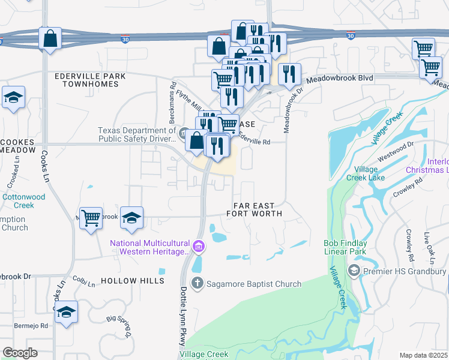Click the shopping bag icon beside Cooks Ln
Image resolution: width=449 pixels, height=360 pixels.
pos(50,38)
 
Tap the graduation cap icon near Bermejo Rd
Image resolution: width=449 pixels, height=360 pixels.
pos(67,312)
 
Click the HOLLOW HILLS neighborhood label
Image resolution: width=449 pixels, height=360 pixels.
pos(132,281)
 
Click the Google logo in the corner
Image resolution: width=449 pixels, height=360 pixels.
pos(20,352)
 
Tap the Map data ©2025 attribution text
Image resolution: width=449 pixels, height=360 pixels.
pos(423,355)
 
